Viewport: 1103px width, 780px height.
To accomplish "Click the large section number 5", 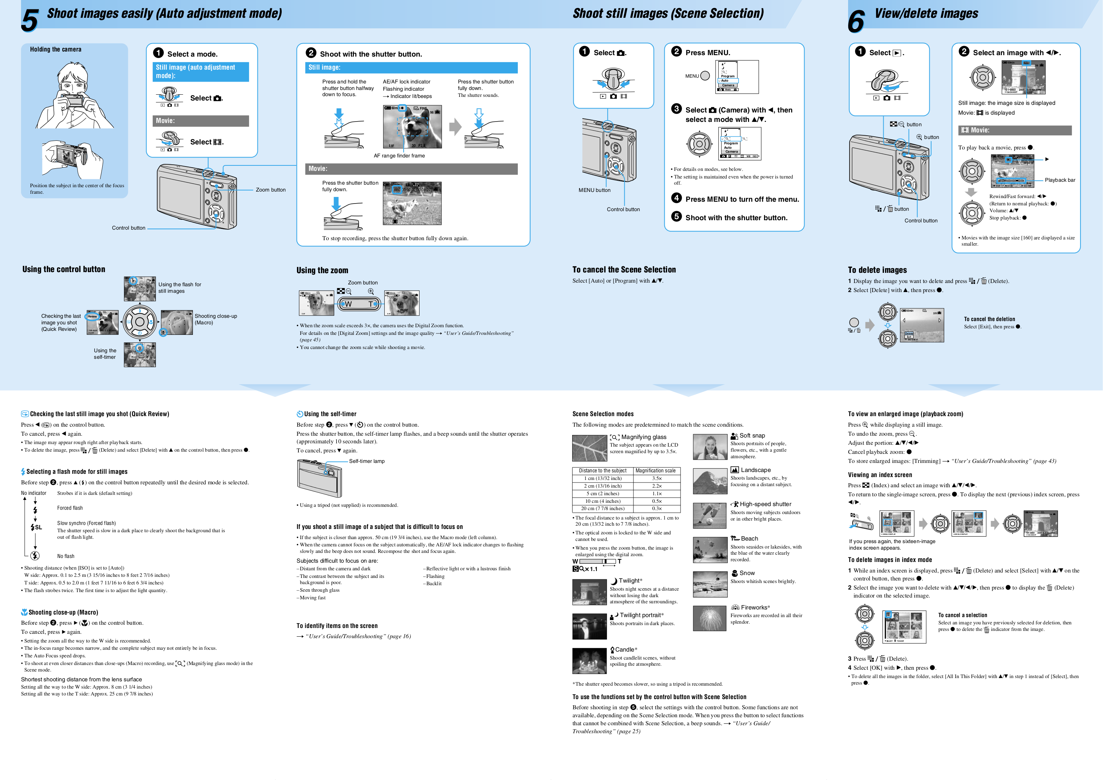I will click(30, 21).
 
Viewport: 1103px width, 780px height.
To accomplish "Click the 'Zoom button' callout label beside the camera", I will click(270, 190).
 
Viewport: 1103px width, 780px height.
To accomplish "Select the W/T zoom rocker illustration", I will click(359, 304).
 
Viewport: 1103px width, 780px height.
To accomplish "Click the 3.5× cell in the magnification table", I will click(657, 478).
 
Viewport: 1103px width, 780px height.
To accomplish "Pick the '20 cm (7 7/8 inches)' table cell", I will click(602, 509).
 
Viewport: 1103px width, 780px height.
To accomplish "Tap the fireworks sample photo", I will click(710, 618).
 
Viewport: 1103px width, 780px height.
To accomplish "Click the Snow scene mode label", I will click(747, 573).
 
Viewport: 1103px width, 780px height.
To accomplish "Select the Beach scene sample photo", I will click(710, 550).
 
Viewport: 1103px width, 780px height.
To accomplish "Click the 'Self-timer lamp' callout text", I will click(367, 461).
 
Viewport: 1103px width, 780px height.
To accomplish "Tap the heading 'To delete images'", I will click(877, 270).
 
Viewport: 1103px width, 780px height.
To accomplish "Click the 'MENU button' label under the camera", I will click(594, 190).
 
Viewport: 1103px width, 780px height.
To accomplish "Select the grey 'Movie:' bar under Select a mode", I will click(201, 121).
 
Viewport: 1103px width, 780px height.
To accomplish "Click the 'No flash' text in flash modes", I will click(66, 556).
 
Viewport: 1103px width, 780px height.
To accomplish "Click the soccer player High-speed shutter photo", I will click(710, 516).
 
